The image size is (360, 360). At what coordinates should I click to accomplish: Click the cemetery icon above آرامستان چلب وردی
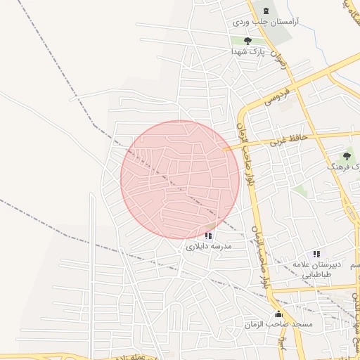click(x=266, y=11)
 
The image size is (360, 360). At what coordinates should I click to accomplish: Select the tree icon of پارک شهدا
click(x=247, y=41)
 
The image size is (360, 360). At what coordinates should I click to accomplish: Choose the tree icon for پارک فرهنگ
click(x=347, y=156)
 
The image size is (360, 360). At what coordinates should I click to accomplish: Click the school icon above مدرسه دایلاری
click(x=208, y=236)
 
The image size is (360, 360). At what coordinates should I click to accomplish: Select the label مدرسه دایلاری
click(x=209, y=247)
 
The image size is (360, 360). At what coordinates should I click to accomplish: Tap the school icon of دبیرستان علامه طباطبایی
click(x=316, y=254)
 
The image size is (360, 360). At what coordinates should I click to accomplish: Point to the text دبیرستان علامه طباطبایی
click(x=321, y=270)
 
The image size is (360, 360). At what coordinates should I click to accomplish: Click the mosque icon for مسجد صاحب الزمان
click(x=278, y=314)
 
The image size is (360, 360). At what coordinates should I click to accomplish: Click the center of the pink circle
click(x=180, y=179)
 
